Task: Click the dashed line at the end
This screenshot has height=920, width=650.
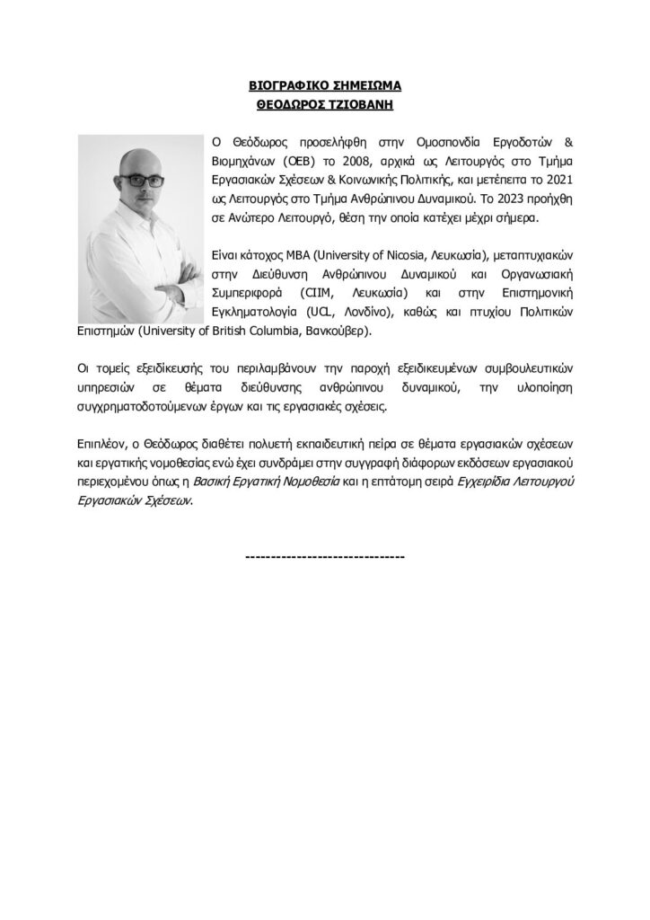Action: point(324,557)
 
